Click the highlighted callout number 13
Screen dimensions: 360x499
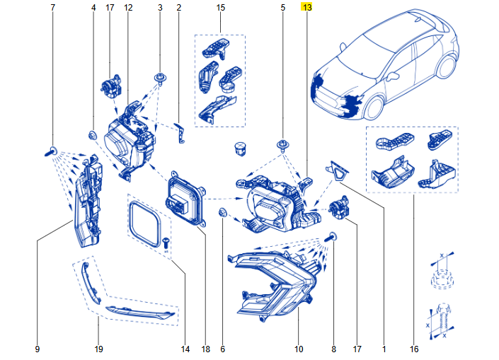click(306, 7)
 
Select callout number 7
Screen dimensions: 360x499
click(53, 7)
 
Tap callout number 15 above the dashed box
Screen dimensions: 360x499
click(220, 7)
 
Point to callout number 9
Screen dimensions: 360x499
click(37, 349)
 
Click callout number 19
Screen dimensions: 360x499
click(98, 349)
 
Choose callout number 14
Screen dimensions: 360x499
click(185, 349)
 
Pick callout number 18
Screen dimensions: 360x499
click(205, 349)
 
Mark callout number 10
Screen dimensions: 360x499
click(298, 349)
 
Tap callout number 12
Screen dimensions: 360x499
click(128, 7)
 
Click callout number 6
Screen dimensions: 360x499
click(222, 349)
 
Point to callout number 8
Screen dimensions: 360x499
click(333, 349)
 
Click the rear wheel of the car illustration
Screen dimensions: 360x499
click(445, 65)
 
